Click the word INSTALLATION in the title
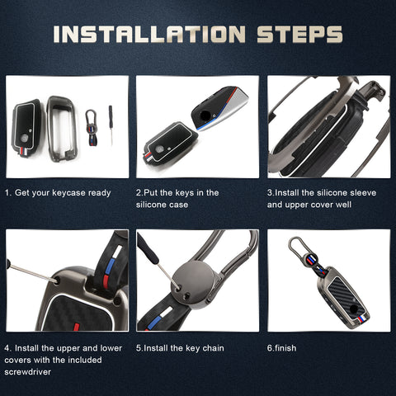[149, 35]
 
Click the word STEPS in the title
[299, 35]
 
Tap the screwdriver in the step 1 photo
[111, 125]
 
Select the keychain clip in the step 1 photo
[92, 128]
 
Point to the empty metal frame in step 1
[61, 129]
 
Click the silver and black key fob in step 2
[219, 108]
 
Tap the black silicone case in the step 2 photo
[170, 143]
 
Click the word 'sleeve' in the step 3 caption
[363, 193]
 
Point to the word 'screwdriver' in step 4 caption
[27, 372]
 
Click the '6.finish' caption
[281, 348]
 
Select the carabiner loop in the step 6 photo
[296, 246]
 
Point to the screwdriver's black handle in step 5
[147, 248]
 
